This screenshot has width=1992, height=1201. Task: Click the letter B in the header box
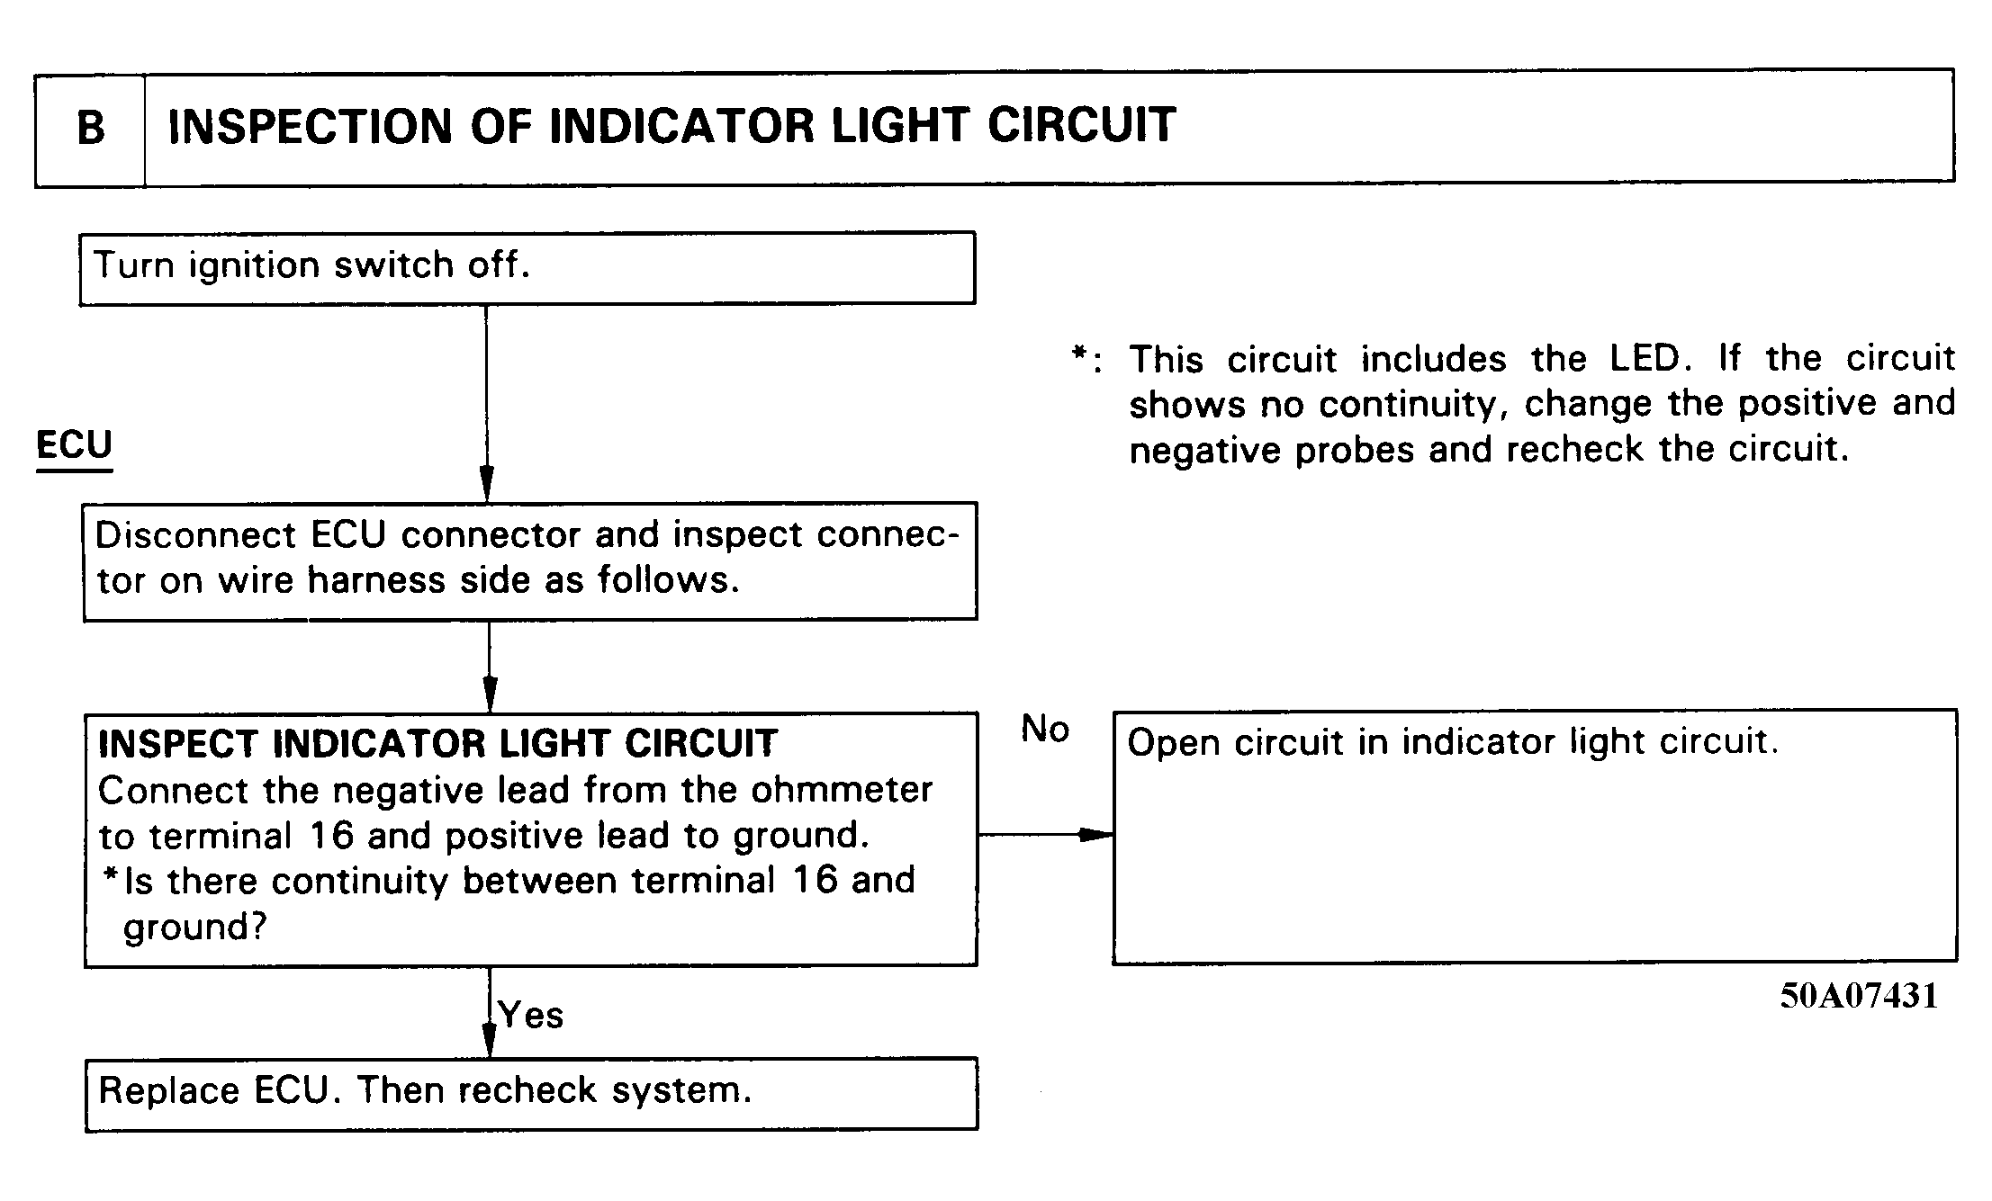pyautogui.click(x=91, y=128)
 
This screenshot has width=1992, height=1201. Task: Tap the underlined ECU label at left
pyautogui.click(x=74, y=445)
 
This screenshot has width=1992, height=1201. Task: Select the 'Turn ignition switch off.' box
pyautogui.click(x=527, y=268)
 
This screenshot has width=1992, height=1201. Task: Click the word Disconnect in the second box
pyautogui.click(x=195, y=534)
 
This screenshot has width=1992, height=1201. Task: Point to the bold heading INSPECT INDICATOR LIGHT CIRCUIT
pyautogui.click(x=437, y=743)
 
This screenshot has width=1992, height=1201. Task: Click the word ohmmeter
pyautogui.click(x=842, y=790)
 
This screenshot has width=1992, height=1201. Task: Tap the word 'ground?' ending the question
pyautogui.click(x=195, y=928)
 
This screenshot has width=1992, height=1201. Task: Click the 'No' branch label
pyautogui.click(x=1044, y=729)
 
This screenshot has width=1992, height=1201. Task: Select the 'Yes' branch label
pyautogui.click(x=531, y=1015)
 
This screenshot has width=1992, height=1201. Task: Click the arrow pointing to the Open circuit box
pyautogui.click(x=1045, y=835)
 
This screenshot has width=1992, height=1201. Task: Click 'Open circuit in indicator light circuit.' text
pyautogui.click(x=1453, y=742)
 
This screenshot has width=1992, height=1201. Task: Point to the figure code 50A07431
pyautogui.click(x=1859, y=995)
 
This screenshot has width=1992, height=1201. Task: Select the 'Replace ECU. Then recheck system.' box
pyautogui.click(x=532, y=1094)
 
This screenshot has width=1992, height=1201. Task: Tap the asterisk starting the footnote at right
pyautogui.click(x=1079, y=354)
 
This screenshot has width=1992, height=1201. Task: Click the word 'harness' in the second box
pyautogui.click(x=376, y=580)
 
